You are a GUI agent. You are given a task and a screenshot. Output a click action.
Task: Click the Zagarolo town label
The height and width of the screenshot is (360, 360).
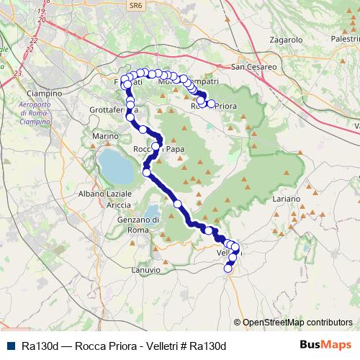tap(286, 40)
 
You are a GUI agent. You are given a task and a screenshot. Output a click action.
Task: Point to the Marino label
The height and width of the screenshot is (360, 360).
tap(105, 135)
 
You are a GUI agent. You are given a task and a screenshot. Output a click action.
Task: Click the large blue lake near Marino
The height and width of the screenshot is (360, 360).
tap(114, 166)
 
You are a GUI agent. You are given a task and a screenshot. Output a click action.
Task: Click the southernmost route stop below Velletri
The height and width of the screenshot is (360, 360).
tap(228, 269)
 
